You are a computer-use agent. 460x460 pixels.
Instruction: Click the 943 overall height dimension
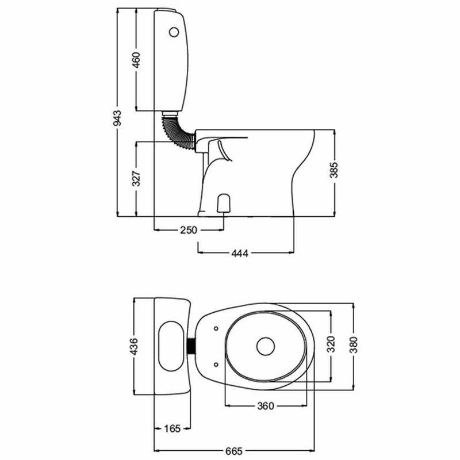coord(117,117)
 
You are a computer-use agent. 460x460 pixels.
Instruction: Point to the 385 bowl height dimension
coord(335,170)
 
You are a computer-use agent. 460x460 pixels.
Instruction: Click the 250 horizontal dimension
coord(187,230)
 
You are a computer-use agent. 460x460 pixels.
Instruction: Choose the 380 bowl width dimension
coord(354,346)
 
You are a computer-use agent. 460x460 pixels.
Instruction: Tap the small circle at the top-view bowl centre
coord(266,346)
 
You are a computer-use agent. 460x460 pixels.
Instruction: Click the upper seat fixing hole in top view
coord(216,328)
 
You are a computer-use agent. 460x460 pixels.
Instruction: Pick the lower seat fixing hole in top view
coord(216,363)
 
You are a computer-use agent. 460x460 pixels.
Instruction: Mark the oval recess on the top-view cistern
coord(170,346)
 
